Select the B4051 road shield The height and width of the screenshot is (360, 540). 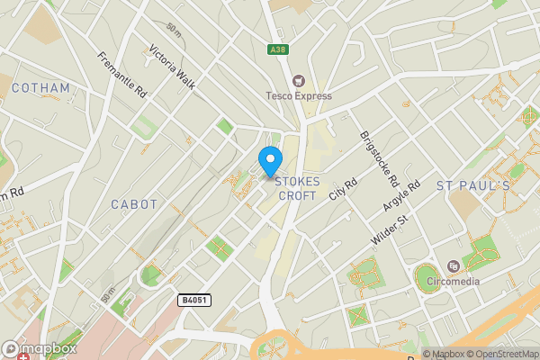[194, 301]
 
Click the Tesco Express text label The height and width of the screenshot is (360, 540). [299, 96]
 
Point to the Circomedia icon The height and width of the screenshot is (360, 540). [453, 265]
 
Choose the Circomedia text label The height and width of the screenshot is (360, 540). [453, 281]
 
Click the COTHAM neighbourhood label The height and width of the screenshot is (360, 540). [41, 88]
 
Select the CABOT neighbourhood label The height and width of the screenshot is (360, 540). [134, 204]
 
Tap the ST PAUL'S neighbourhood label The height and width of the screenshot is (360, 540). [473, 185]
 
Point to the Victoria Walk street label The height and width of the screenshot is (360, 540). [172, 67]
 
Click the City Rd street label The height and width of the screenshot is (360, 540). [344, 189]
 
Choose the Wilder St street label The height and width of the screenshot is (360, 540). [390, 231]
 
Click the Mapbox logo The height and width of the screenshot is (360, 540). [40, 348]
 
